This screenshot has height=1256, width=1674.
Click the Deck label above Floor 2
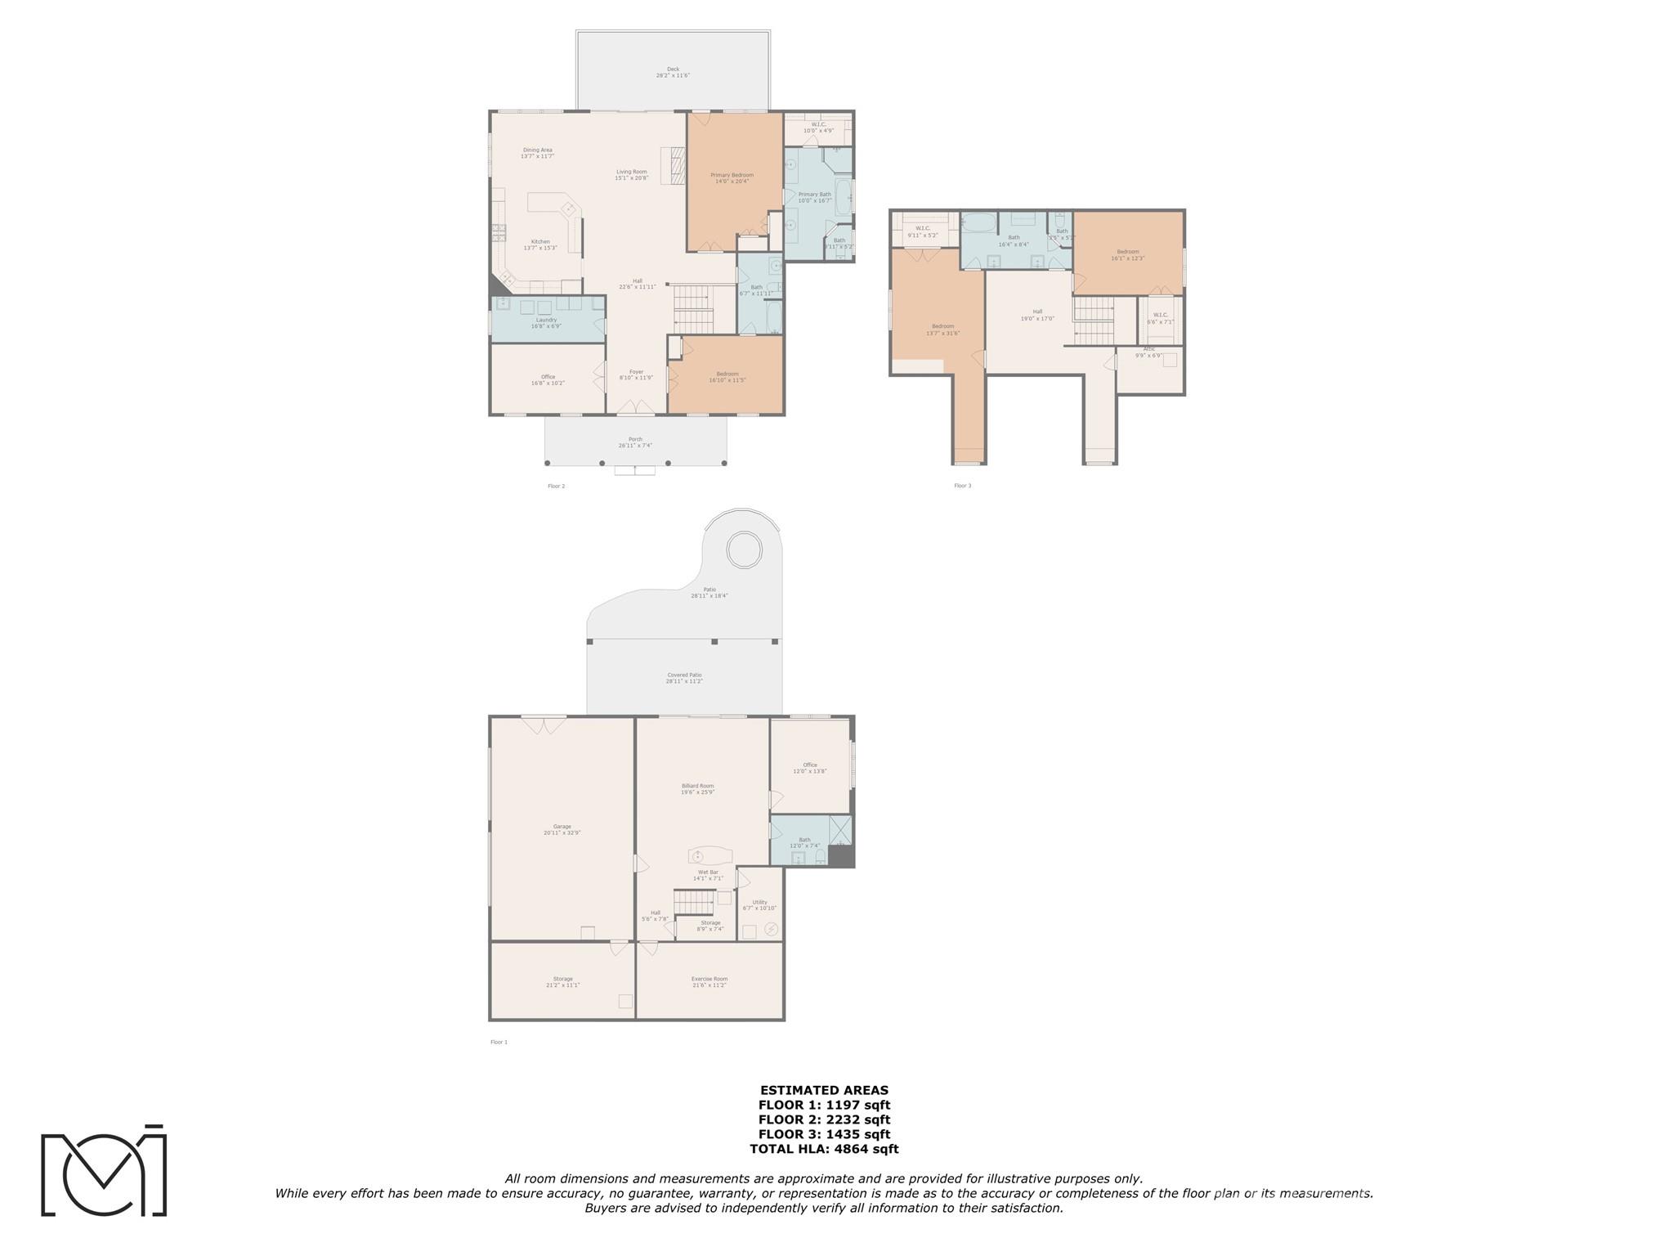point(673,72)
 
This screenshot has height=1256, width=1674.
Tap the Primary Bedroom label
point(732,177)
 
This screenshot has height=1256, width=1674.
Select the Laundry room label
point(546,323)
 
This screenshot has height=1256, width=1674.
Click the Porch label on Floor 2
point(635,442)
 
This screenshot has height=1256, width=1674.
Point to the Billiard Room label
point(697,788)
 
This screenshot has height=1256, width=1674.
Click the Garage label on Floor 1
point(562,829)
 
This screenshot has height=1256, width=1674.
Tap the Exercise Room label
point(709,981)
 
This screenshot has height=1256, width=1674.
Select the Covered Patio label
point(683,678)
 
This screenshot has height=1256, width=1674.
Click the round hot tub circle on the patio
point(745,549)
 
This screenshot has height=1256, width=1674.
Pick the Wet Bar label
point(708,875)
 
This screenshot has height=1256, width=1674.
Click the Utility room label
point(759,904)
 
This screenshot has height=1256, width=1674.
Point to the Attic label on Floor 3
point(1148,352)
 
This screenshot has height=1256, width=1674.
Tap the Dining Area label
point(537,152)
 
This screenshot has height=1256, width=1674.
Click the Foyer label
point(636,375)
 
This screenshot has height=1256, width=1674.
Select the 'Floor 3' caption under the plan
point(962,486)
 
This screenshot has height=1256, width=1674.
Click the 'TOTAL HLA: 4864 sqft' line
point(824,1149)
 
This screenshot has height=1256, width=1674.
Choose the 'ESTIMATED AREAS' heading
point(824,1090)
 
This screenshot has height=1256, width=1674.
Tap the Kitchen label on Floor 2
point(540,244)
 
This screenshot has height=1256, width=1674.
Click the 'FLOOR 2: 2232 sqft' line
point(824,1119)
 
